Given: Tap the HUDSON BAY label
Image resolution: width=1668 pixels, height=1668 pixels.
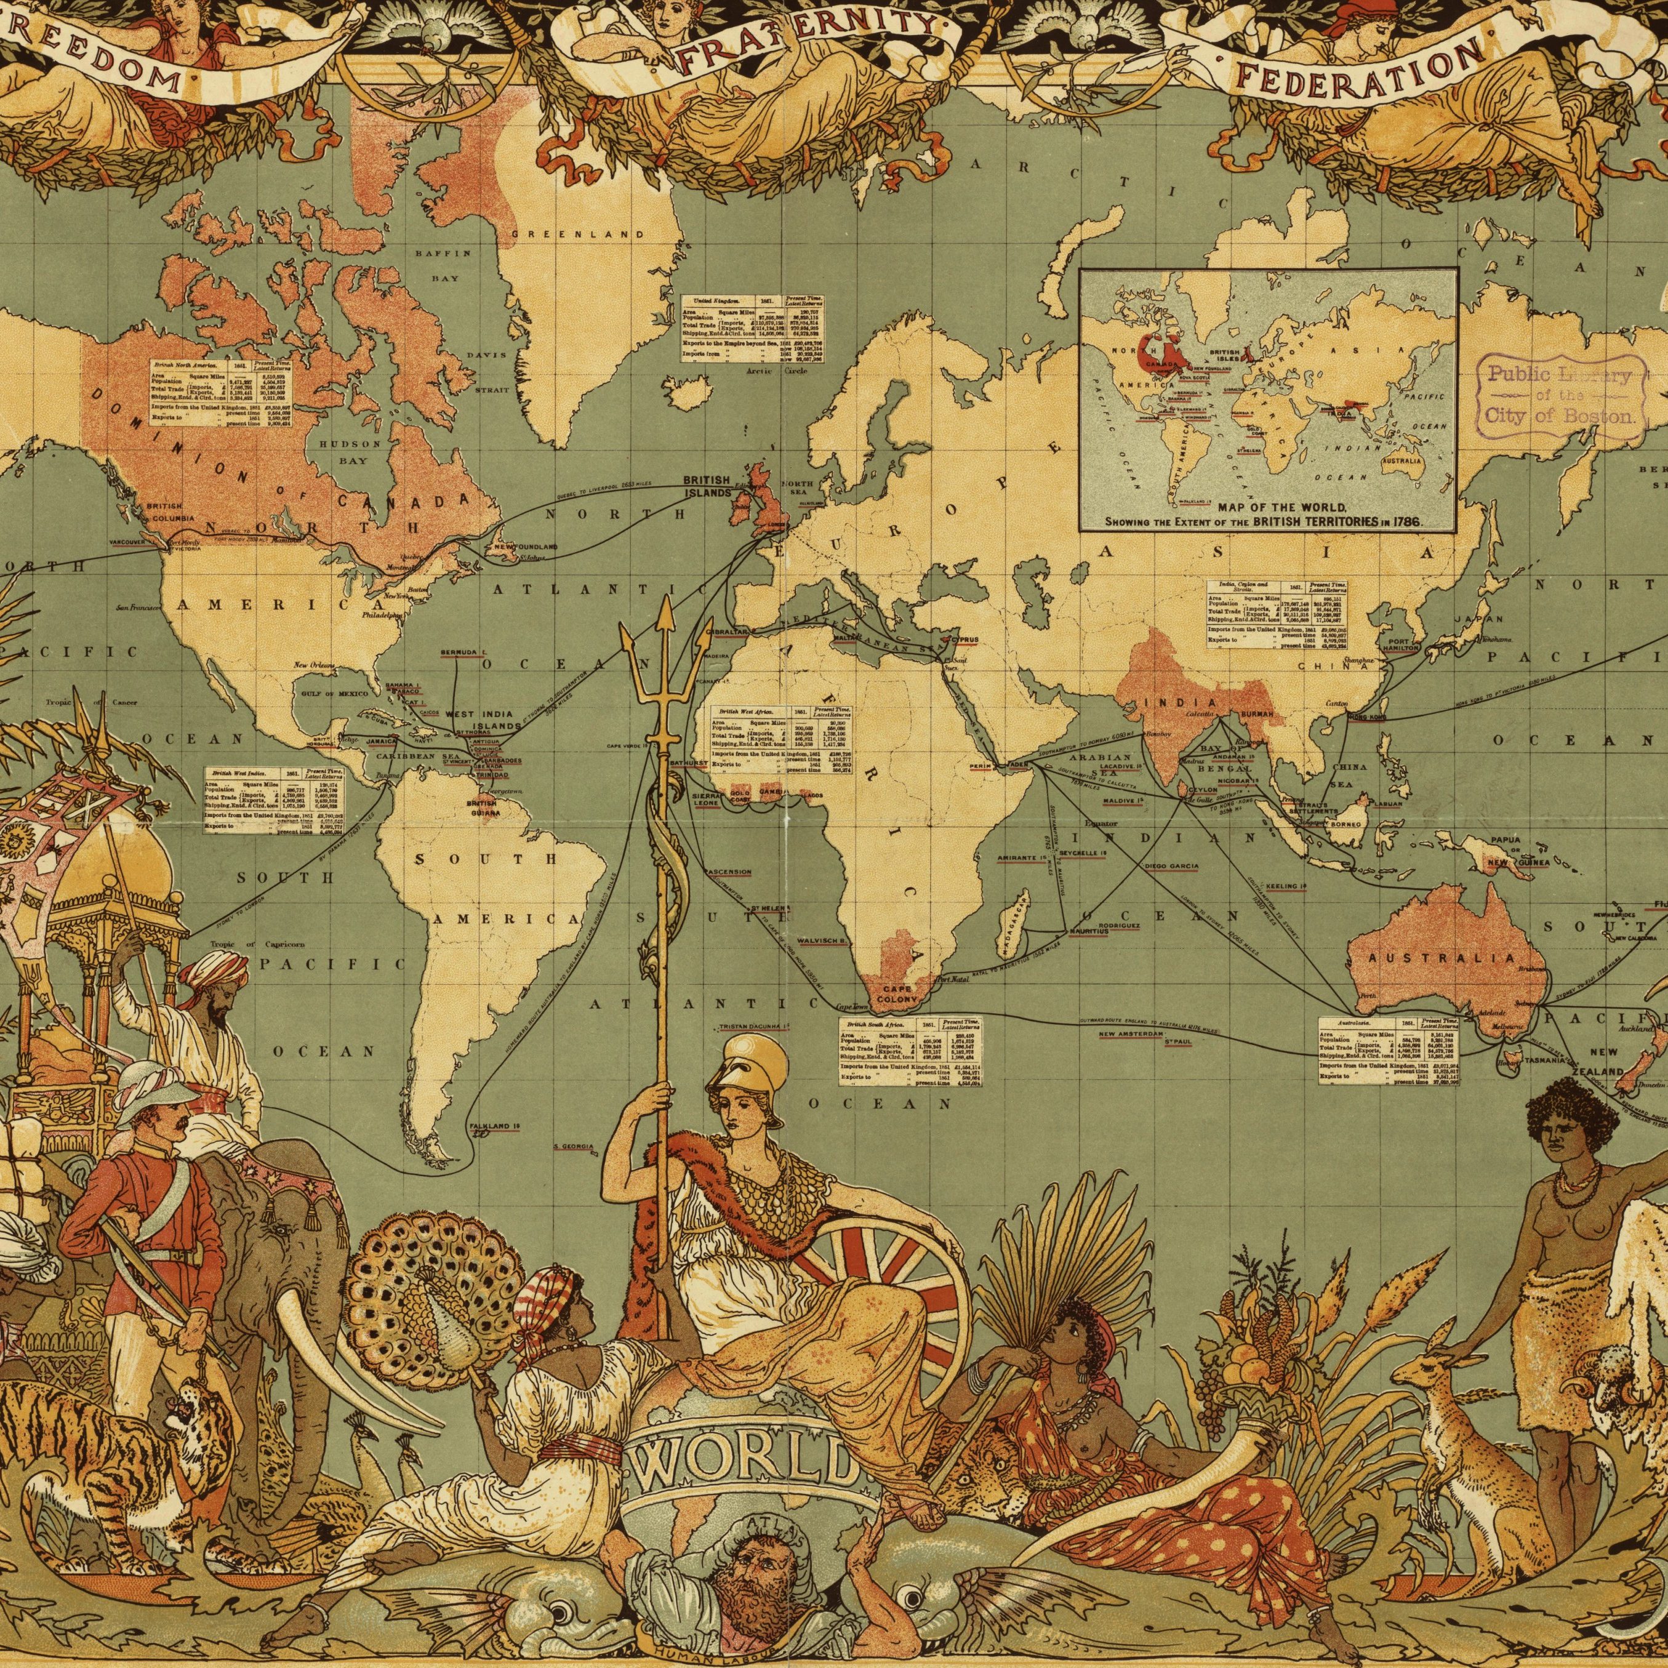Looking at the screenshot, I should pyautogui.click(x=350, y=452).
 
